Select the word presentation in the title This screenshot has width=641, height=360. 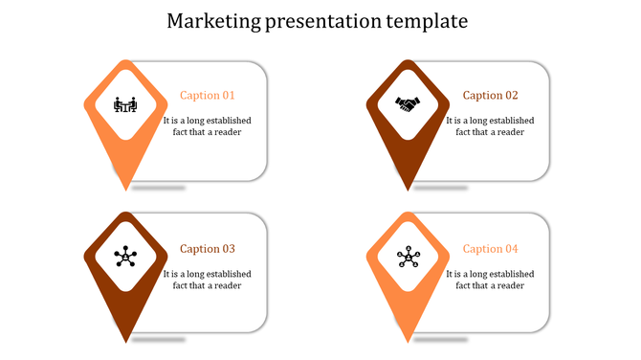[320, 20]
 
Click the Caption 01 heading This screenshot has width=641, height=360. [208, 96]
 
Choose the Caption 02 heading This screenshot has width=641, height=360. [491, 96]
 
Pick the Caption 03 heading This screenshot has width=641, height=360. [208, 249]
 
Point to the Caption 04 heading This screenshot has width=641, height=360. [491, 249]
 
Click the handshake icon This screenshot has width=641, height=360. [408, 103]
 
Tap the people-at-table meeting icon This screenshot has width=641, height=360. [124, 103]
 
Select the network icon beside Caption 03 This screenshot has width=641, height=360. [124, 256]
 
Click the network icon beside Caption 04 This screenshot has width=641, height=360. [408, 256]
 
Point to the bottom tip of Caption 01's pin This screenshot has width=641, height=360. [124, 188]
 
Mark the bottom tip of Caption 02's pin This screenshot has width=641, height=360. [408, 188]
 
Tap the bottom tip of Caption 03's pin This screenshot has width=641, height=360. [124, 340]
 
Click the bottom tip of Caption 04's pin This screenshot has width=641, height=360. [408, 340]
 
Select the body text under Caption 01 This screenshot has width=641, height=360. [208, 126]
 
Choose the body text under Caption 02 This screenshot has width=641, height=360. [491, 126]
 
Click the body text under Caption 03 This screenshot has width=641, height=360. [208, 280]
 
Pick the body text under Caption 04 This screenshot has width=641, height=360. [491, 280]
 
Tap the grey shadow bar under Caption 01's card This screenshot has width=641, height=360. [158, 188]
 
